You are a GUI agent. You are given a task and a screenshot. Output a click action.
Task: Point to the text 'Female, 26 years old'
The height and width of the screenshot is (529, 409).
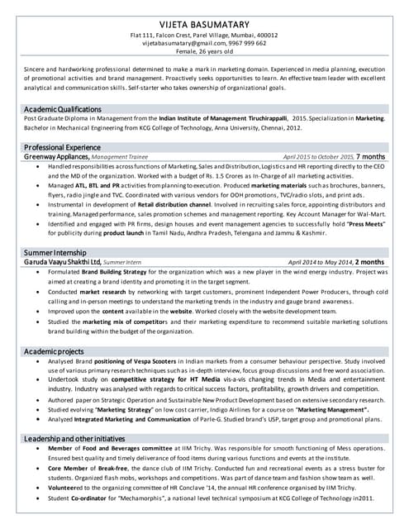pos(204,52)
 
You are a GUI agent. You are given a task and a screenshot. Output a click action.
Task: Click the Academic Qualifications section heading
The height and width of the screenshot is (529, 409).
pos(63,109)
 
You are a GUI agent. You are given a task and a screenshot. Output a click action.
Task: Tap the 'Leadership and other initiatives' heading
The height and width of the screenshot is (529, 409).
pos(82,437)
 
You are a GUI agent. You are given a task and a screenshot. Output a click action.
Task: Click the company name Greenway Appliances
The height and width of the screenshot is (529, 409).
pos(56,156)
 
